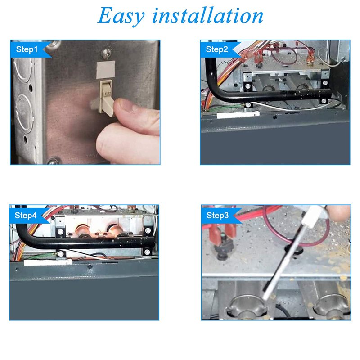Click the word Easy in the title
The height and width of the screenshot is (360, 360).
(121, 16)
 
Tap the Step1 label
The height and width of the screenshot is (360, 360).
(27, 49)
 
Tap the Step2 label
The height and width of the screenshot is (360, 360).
(217, 49)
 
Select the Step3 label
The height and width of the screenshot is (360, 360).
(217, 216)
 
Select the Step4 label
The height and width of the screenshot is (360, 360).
(26, 216)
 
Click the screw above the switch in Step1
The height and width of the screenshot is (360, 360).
(107, 53)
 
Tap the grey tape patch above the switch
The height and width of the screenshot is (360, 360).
(106, 70)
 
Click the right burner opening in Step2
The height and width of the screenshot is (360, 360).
(303, 87)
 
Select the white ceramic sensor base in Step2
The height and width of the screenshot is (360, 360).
(238, 115)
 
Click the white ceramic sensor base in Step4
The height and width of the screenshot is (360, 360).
(48, 262)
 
